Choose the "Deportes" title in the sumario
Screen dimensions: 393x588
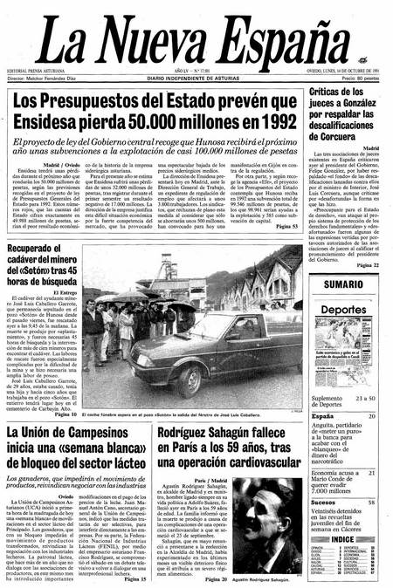(342, 309)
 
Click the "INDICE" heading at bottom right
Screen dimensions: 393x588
(342, 538)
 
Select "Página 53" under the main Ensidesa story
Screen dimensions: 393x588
(285, 227)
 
